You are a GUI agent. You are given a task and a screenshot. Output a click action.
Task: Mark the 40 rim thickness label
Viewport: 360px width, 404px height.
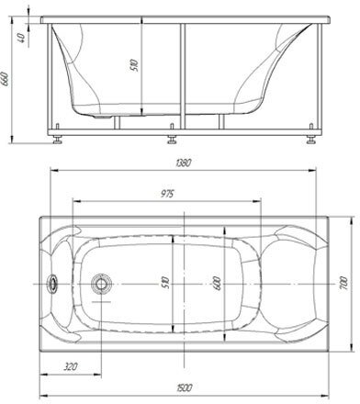20,38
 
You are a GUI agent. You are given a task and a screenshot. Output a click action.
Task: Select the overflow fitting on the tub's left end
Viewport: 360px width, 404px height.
52,283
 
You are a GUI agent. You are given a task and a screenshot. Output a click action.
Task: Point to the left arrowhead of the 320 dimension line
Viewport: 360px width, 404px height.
42,373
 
